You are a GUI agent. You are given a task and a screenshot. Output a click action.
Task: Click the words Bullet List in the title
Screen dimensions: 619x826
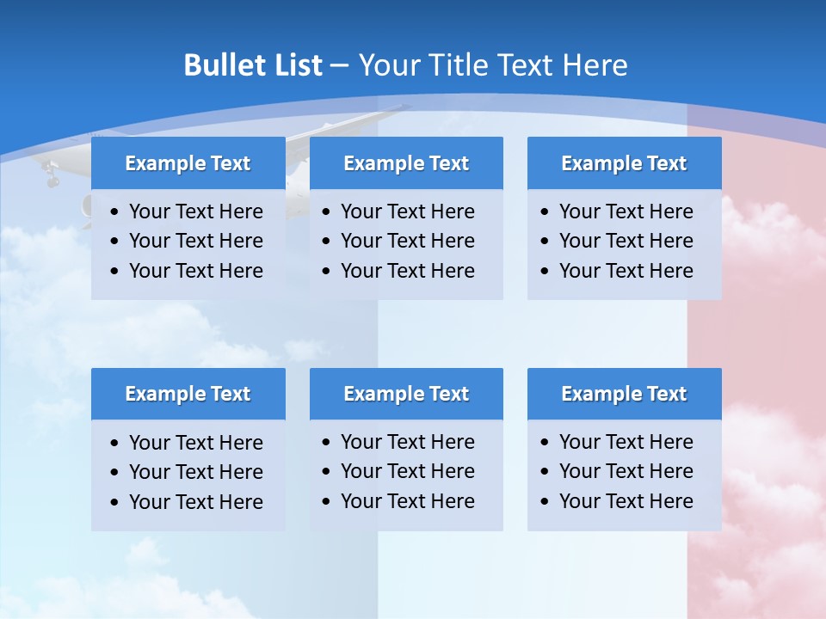coord(253,65)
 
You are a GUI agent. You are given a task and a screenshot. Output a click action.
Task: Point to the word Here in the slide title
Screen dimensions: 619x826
coord(594,65)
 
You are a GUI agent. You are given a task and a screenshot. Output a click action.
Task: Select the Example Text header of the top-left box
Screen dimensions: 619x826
coord(188,163)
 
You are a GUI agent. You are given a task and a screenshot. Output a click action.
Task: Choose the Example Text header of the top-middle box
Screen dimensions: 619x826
coord(406,163)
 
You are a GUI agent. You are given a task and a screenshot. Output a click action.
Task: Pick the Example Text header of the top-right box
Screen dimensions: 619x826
coord(624,163)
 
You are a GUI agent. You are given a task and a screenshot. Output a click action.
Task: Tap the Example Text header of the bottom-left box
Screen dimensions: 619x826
coord(188,394)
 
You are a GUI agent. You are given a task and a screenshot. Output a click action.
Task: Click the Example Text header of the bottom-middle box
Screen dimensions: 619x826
coord(406,394)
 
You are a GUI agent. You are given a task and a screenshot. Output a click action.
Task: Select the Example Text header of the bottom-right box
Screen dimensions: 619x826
coord(624,394)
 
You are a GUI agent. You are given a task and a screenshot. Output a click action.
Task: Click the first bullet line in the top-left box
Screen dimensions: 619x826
coord(195,211)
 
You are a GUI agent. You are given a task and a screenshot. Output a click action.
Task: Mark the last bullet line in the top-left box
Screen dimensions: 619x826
coord(195,271)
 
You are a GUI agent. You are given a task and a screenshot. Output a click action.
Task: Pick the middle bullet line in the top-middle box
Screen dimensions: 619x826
coord(407,241)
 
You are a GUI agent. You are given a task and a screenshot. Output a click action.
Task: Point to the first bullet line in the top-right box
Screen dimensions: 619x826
coord(626,211)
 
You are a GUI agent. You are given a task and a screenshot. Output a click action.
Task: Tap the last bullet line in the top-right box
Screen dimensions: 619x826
coord(626,271)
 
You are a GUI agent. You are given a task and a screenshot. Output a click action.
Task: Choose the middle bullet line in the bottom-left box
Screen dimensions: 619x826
coord(195,472)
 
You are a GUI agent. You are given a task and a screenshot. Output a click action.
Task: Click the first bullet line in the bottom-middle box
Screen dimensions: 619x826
coord(407,442)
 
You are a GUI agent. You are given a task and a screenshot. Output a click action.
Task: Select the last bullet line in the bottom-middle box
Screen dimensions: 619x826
coord(407,501)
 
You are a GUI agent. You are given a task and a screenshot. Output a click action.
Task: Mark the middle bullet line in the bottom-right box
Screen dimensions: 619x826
coord(626,471)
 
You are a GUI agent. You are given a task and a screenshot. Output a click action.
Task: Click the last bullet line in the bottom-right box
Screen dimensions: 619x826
coord(626,501)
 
